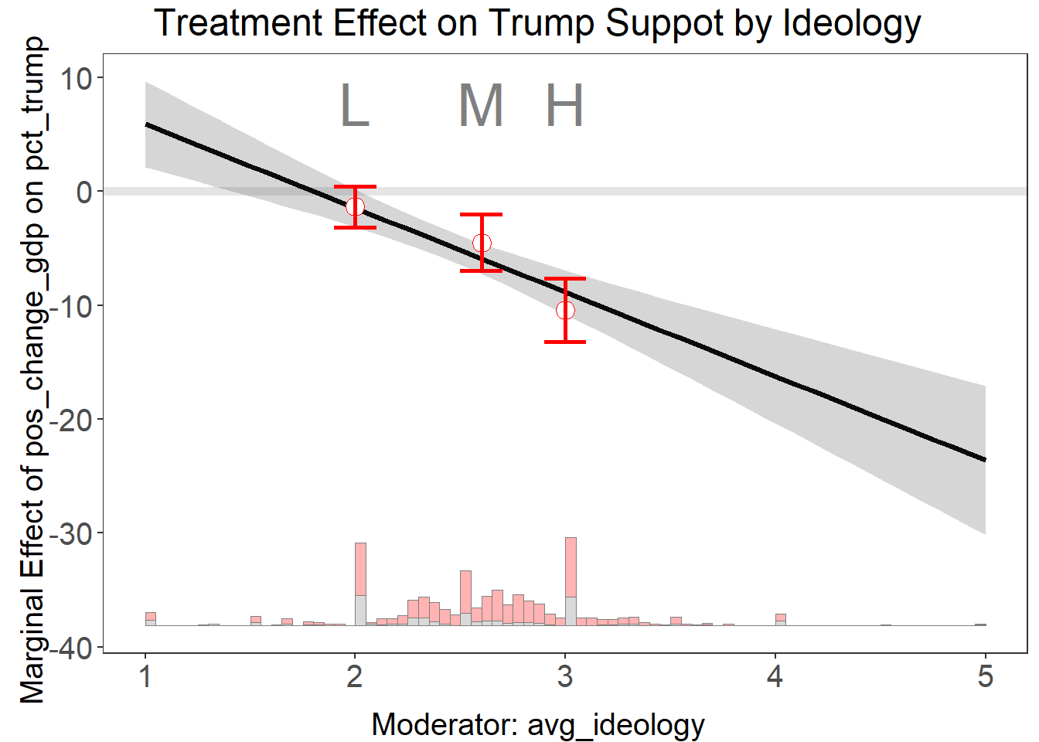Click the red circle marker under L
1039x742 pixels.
pyautogui.click(x=355, y=206)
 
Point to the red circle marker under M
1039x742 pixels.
pyautogui.click(x=482, y=243)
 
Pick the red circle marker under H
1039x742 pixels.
pyautogui.click(x=565, y=310)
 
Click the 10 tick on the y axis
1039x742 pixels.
pyautogui.click(x=77, y=78)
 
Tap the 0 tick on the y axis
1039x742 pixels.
pyautogui.click(x=84, y=192)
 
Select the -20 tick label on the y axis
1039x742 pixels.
pyautogui.click(x=71, y=420)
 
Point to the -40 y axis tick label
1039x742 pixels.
pyautogui.click(x=71, y=648)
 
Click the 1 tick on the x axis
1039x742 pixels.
pyautogui.click(x=145, y=677)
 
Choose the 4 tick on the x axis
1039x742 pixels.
pyautogui.click(x=775, y=677)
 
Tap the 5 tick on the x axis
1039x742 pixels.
pyautogui.click(x=985, y=677)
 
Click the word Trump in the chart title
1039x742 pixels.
pyautogui.click(x=542, y=23)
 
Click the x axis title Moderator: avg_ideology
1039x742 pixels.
pyautogui.click(x=538, y=725)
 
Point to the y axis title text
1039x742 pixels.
pyautogui.click(x=32, y=371)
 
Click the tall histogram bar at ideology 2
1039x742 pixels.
pyautogui.click(x=360, y=584)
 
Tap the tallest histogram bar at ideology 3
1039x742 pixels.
pyautogui.click(x=571, y=580)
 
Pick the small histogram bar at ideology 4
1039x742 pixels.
pyautogui.click(x=781, y=619)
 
